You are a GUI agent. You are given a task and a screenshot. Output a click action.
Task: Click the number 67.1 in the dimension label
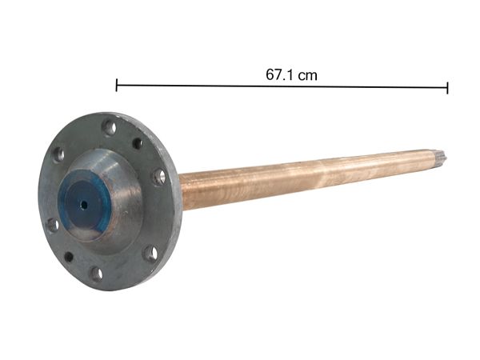[x=281, y=74]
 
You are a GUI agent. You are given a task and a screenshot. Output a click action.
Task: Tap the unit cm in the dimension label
[x=306, y=74]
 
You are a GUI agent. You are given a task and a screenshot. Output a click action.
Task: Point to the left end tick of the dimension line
[x=117, y=86]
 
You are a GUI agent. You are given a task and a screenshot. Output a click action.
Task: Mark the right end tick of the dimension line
[x=447, y=87]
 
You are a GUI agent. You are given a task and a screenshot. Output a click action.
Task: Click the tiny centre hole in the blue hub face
[x=83, y=203]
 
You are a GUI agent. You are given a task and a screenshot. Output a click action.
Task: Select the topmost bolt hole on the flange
[x=109, y=126]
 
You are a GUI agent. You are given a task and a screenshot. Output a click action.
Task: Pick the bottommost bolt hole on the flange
[x=96, y=274]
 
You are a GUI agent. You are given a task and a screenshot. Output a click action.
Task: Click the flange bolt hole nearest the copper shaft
[x=159, y=177]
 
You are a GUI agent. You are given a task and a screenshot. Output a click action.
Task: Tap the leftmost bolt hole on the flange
[x=52, y=225]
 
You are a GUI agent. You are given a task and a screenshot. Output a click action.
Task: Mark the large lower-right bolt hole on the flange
[x=150, y=254]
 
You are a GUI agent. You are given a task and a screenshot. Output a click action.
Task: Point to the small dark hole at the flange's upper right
[x=137, y=143]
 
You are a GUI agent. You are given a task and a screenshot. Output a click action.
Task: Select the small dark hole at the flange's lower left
[x=69, y=257]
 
